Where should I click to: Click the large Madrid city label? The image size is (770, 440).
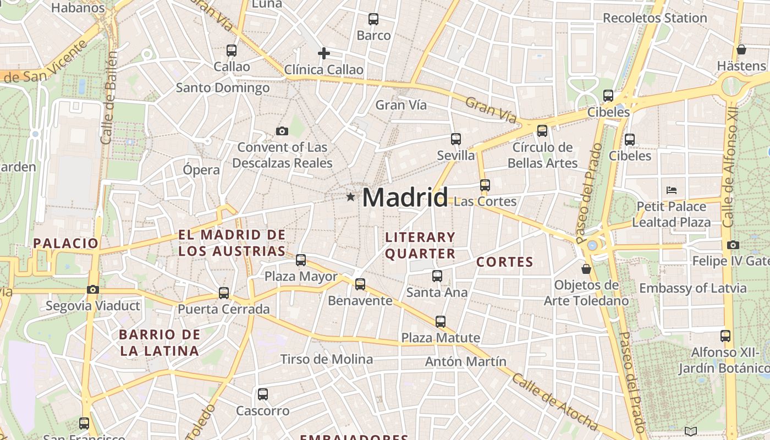[405, 197]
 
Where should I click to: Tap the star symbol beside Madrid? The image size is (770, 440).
[350, 197]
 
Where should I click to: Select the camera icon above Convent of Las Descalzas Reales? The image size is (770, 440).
[282, 131]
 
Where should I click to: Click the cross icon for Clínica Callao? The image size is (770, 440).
[324, 53]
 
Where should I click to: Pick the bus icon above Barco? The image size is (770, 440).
[373, 19]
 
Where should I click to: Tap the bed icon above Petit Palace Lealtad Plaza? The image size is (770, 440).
[671, 190]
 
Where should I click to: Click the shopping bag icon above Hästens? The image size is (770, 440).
[741, 50]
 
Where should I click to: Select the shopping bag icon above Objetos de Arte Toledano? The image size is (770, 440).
[586, 269]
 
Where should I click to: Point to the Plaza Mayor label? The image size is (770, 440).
[301, 277]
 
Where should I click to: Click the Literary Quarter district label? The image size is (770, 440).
[420, 245]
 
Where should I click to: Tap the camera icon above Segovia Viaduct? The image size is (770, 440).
[93, 289]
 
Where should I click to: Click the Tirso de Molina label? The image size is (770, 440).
[327, 360]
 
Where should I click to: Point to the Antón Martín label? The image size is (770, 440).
[466, 361]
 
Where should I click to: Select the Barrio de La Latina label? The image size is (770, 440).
[159, 343]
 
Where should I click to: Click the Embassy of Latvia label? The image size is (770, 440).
[693, 288]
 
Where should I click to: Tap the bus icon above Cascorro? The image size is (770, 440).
[263, 394]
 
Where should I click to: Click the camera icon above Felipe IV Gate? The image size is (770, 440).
[733, 245]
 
